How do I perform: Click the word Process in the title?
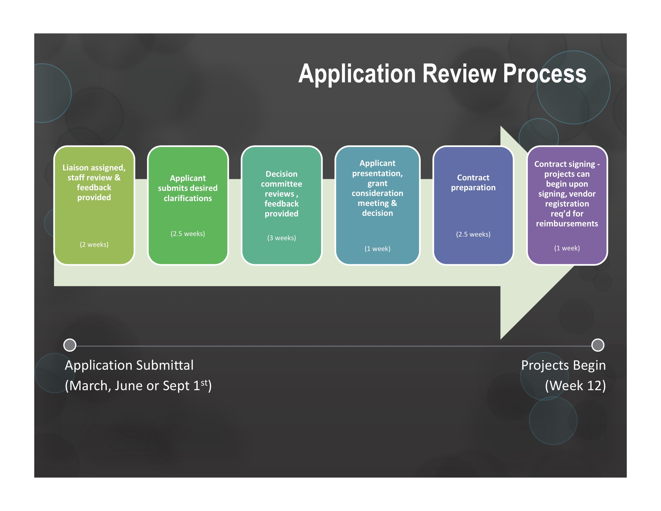(544, 74)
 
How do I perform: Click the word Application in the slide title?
(358, 74)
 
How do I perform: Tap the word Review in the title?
(459, 74)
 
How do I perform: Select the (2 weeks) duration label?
(94, 245)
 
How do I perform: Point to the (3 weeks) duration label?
(282, 238)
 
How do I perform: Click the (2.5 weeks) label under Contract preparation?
(473, 234)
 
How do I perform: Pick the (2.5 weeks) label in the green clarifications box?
(188, 234)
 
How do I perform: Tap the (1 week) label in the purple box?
(567, 248)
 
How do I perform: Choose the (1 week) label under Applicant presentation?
(377, 249)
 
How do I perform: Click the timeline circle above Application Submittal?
(70, 345)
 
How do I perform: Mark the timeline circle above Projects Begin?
(598, 345)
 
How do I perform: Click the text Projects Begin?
(564, 366)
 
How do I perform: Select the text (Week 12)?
(576, 386)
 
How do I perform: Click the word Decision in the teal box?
(282, 174)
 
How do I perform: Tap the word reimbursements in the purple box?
(567, 224)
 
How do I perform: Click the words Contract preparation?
(473, 182)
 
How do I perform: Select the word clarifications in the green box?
(188, 198)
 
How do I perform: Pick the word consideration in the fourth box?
(377, 193)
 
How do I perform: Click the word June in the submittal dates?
(129, 386)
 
